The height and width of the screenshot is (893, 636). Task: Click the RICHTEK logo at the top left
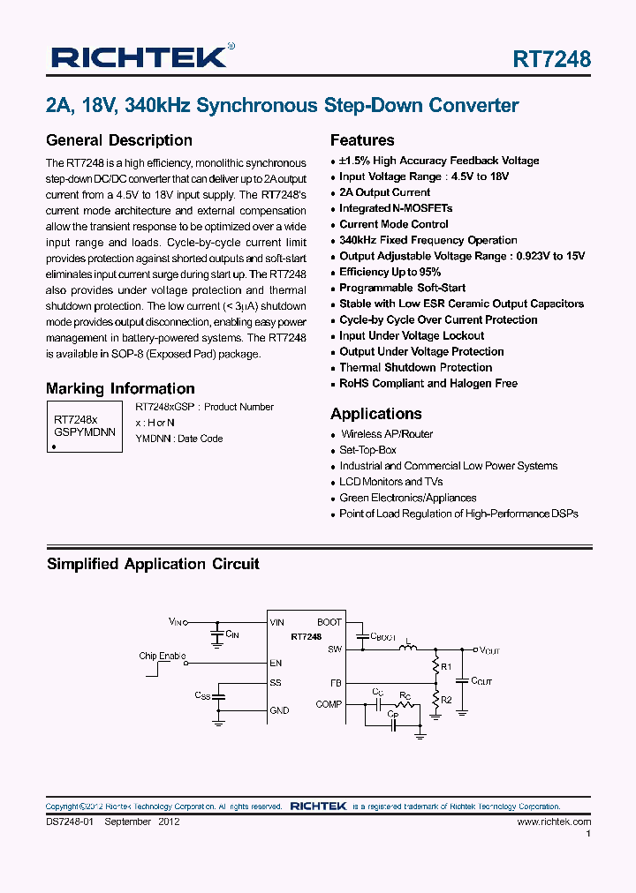(140, 58)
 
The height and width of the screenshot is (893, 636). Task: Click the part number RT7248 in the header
(552, 59)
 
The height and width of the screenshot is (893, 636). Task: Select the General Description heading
(118, 140)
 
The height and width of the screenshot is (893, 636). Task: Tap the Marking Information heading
(120, 388)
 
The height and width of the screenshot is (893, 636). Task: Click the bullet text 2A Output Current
(384, 192)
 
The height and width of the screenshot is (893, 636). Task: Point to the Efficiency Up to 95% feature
(390, 272)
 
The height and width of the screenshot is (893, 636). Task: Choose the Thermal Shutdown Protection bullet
(415, 367)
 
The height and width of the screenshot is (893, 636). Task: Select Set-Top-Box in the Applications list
(367, 450)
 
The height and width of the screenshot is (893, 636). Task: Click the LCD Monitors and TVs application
(390, 482)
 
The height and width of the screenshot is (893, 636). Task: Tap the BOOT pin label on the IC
(329, 622)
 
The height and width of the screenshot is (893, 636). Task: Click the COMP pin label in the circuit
(329, 704)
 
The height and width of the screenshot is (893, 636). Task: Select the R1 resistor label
(446, 666)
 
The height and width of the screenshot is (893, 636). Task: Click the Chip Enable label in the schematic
(163, 656)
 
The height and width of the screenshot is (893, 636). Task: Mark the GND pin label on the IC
(279, 710)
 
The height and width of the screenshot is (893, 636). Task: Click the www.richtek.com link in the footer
(554, 822)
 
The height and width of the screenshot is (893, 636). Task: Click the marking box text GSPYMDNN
(85, 433)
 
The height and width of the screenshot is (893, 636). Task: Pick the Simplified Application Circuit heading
(153, 564)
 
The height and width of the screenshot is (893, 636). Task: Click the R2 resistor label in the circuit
(446, 700)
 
